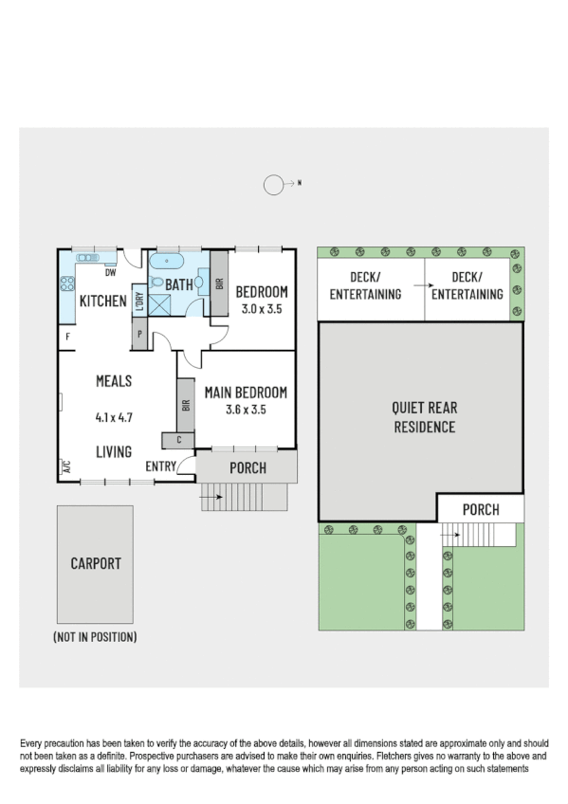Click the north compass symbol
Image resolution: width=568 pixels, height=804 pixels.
tap(274, 186)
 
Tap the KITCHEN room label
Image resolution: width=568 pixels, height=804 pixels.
tap(102, 301)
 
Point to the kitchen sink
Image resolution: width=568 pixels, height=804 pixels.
tap(87, 257)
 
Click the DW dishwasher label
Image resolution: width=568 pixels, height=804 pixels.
tap(110, 273)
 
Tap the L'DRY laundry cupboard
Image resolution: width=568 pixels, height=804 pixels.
tap(138, 302)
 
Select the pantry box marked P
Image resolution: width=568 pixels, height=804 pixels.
tap(139, 335)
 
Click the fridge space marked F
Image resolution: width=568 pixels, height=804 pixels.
tap(67, 336)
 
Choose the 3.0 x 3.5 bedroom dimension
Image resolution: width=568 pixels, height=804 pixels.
tap(262, 309)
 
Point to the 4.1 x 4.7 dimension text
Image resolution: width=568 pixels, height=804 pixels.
tap(113, 416)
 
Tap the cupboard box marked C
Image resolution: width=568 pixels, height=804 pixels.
tap(178, 440)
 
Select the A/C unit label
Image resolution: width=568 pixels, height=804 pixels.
tap(66, 466)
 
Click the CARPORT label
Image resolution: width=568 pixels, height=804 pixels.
tap(96, 563)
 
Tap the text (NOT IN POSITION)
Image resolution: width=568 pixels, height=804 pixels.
tap(95, 638)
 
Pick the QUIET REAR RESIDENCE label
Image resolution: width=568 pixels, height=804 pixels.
tap(424, 417)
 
